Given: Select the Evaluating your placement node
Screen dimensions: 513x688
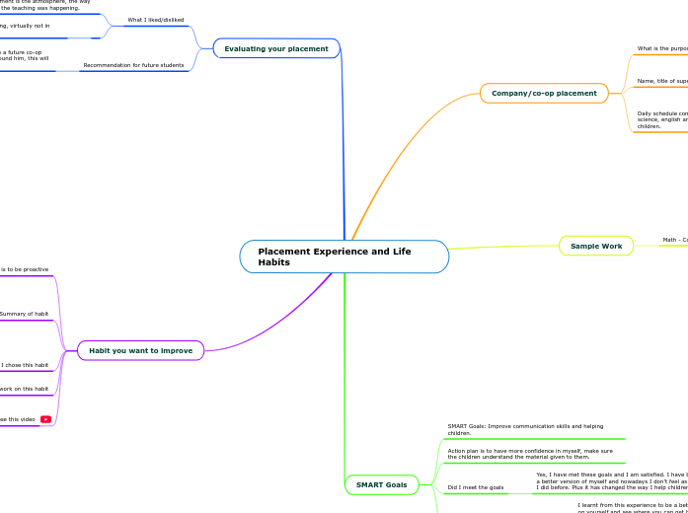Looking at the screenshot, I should coord(276,48).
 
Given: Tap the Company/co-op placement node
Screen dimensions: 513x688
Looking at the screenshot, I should coord(544,94).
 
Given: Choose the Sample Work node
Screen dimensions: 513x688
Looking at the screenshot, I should coord(596,246).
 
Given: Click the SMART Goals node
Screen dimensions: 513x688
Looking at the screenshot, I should coord(381,484).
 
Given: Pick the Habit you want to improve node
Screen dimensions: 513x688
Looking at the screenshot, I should coord(140,350).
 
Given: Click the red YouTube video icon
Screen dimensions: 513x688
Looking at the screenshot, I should coord(46,419).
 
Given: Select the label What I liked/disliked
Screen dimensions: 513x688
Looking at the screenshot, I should coord(155,20).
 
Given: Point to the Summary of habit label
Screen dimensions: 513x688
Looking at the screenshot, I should coord(24,314).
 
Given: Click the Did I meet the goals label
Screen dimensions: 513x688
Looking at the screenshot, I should coord(476,487).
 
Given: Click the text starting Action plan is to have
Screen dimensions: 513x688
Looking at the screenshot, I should coord(530,454).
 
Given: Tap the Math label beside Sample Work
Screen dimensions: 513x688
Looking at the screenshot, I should coord(675,240).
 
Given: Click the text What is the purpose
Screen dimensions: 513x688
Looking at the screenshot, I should coord(662,48).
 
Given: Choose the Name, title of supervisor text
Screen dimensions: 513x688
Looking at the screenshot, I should coord(662,81).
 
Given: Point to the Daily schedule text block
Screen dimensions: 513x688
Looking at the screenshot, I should coord(662,119).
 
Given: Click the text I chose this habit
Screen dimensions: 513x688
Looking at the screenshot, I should coord(25,365).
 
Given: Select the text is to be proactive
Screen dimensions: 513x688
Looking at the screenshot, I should coord(24,269).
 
